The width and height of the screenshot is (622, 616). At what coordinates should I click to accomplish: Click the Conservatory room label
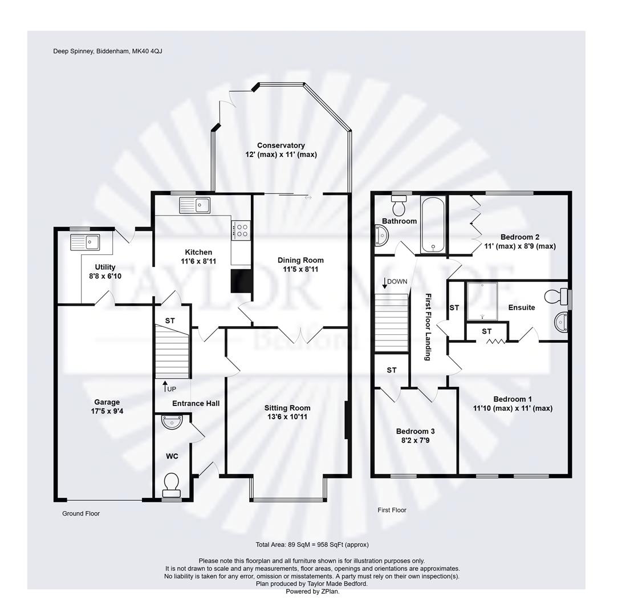click(x=281, y=145)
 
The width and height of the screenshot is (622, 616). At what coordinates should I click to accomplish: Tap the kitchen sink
click(x=194, y=205)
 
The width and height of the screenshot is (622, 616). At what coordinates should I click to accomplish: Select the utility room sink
click(x=86, y=242)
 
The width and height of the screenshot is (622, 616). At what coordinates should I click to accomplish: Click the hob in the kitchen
click(x=242, y=230)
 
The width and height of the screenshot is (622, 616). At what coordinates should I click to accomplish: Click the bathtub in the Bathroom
click(x=433, y=225)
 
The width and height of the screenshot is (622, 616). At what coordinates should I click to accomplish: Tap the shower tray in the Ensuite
click(x=482, y=301)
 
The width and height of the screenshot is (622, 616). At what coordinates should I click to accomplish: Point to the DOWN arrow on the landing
click(x=384, y=283)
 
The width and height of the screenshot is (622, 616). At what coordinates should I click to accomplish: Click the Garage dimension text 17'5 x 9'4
click(x=107, y=411)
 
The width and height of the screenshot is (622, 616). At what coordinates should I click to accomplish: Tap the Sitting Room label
click(x=287, y=408)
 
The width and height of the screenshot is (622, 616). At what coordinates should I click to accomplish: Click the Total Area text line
click(x=312, y=545)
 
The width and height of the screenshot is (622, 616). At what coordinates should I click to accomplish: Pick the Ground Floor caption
click(x=81, y=513)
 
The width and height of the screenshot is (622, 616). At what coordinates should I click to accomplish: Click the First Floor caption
click(x=392, y=510)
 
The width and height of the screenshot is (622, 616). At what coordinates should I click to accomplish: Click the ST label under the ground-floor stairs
click(x=170, y=321)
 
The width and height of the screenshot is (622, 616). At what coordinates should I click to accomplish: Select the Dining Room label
click(x=300, y=260)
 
